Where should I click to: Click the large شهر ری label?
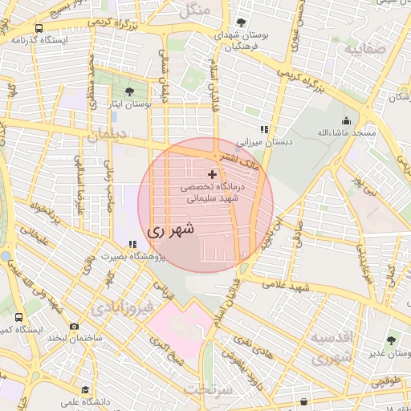pyautogui.click(x=171, y=230)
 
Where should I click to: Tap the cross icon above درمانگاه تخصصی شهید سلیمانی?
pyautogui.click(x=212, y=174)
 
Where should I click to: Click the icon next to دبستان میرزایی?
pyautogui.click(x=262, y=129)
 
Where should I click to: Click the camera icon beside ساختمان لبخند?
pyautogui.click(x=74, y=327)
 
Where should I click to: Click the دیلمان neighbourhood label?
pyautogui.click(x=107, y=137)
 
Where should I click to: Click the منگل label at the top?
pyautogui.click(x=194, y=11)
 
